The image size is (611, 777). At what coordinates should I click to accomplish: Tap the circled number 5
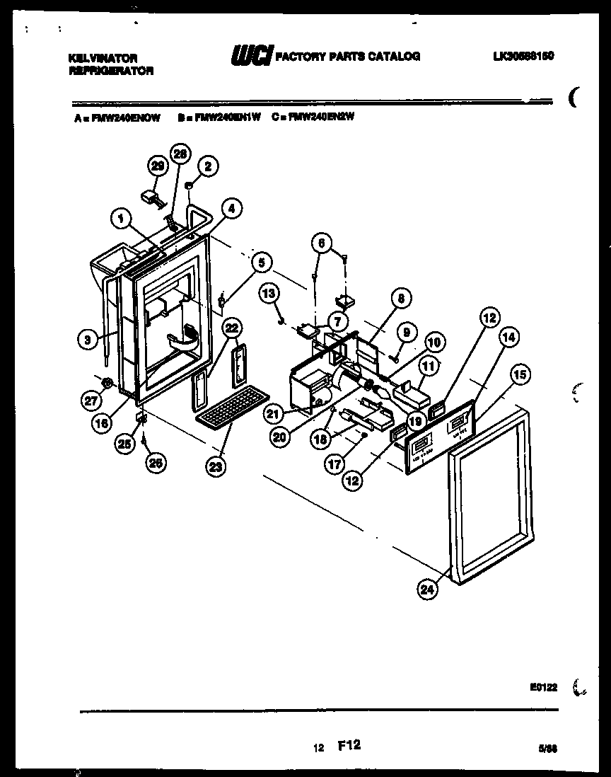[x=261, y=263]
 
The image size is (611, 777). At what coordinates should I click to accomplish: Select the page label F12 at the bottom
[x=349, y=746]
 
